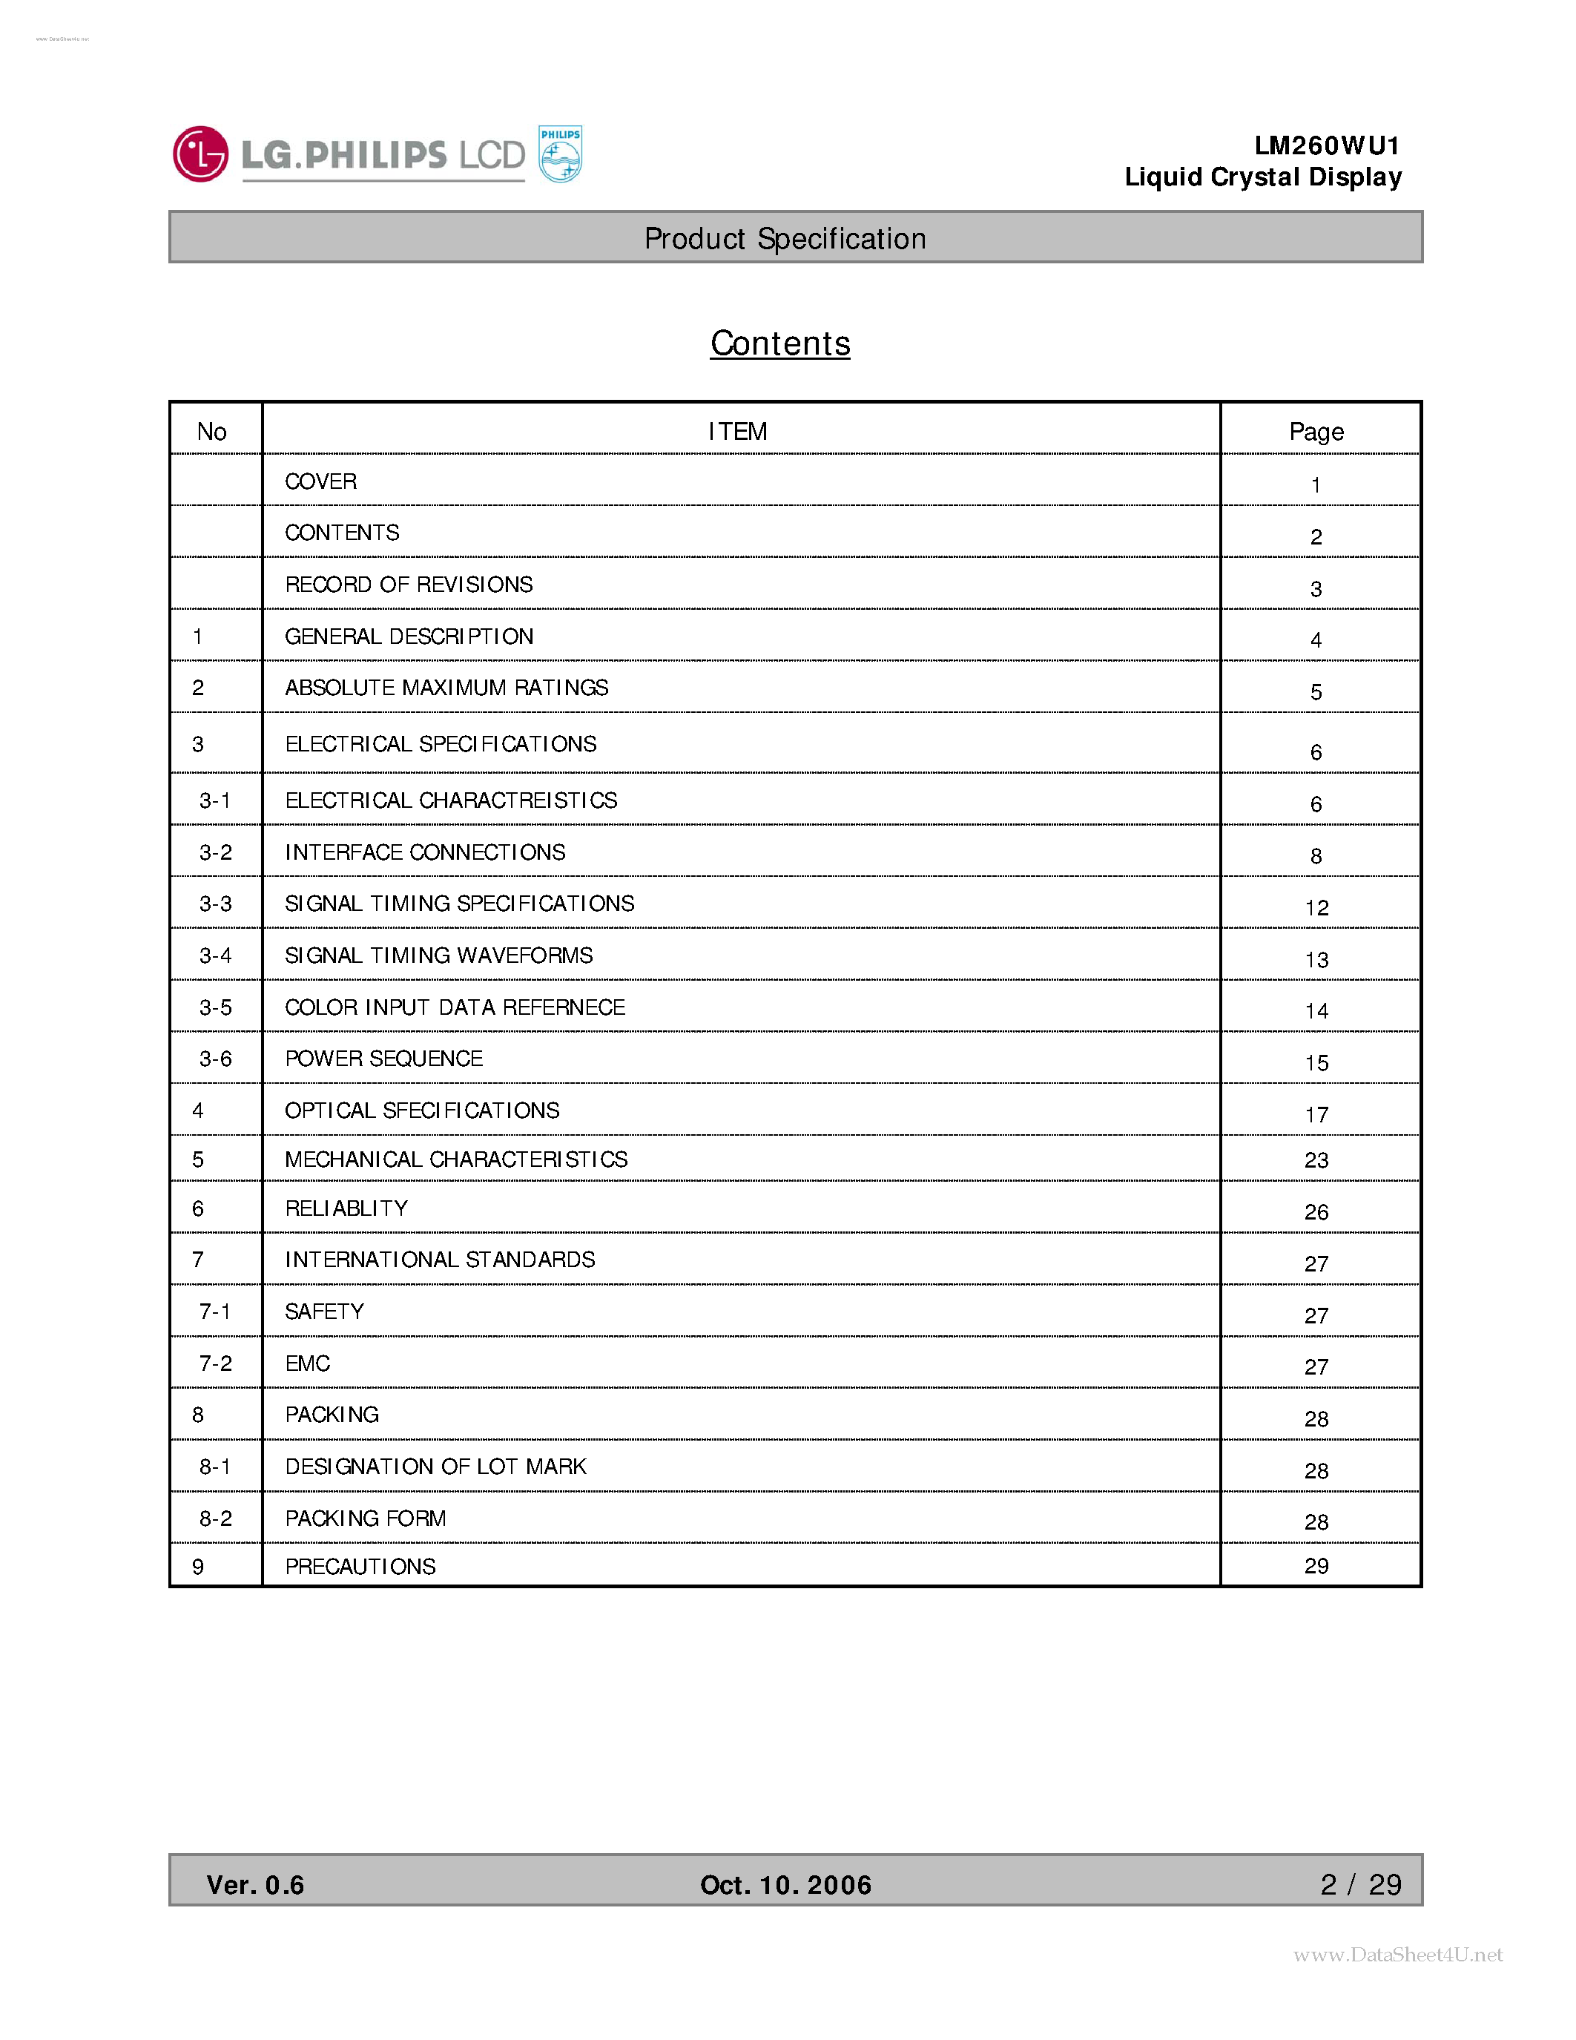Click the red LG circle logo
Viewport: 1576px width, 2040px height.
[x=200, y=154]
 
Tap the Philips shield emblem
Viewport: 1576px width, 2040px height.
[x=560, y=154]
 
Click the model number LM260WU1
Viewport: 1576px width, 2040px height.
[x=1326, y=145]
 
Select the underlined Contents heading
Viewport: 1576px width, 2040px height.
[x=779, y=343]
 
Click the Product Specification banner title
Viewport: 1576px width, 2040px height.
[x=784, y=239]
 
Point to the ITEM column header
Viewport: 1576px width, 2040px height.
[x=738, y=432]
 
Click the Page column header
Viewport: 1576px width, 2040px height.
[x=1316, y=432]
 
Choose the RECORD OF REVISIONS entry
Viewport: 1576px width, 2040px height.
[x=408, y=585]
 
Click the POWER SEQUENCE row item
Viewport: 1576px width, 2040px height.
[x=383, y=1059]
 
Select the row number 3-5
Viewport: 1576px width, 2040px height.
[x=215, y=1008]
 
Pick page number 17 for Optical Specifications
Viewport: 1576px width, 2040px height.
[x=1316, y=1114]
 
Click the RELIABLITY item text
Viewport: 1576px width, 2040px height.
[x=346, y=1208]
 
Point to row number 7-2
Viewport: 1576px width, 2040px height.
[x=215, y=1363]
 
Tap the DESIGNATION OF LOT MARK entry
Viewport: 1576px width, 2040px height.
[x=435, y=1467]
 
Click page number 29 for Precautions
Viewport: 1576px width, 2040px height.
[x=1316, y=1567]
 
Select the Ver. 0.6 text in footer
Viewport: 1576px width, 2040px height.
[x=255, y=1885]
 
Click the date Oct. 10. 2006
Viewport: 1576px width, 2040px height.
[x=785, y=1885]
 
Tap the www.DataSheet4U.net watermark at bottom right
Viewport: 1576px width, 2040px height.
[x=1398, y=1954]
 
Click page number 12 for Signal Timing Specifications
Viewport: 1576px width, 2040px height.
[x=1316, y=908]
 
